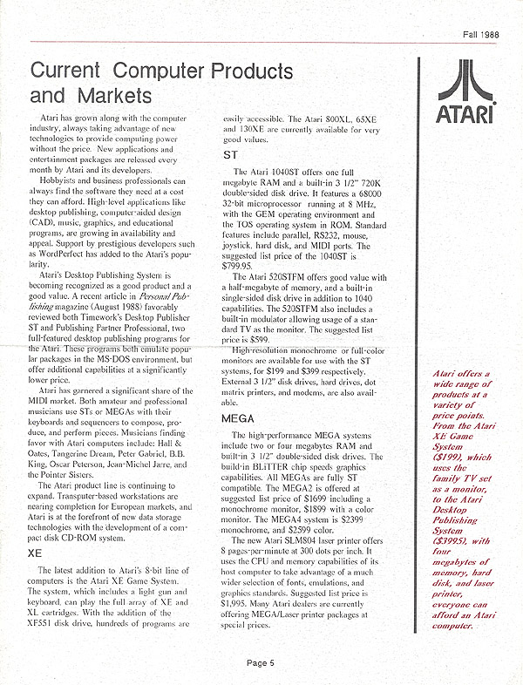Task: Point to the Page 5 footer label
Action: tap(261, 662)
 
